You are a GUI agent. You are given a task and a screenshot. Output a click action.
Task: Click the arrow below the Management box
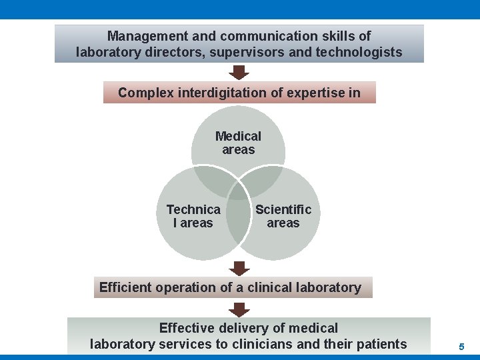point(239,71)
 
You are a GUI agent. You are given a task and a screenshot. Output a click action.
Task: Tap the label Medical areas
point(239,143)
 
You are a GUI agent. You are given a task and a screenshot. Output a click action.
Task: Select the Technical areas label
point(193,216)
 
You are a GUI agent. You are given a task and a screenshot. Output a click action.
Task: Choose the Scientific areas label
point(283,216)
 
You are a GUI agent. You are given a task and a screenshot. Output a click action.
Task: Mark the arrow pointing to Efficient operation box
point(239,268)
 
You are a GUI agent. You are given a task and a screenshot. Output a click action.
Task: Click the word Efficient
point(125,288)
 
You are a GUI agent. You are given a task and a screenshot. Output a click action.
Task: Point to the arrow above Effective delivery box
point(239,309)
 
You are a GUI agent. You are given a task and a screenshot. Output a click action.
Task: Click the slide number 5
point(461,347)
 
